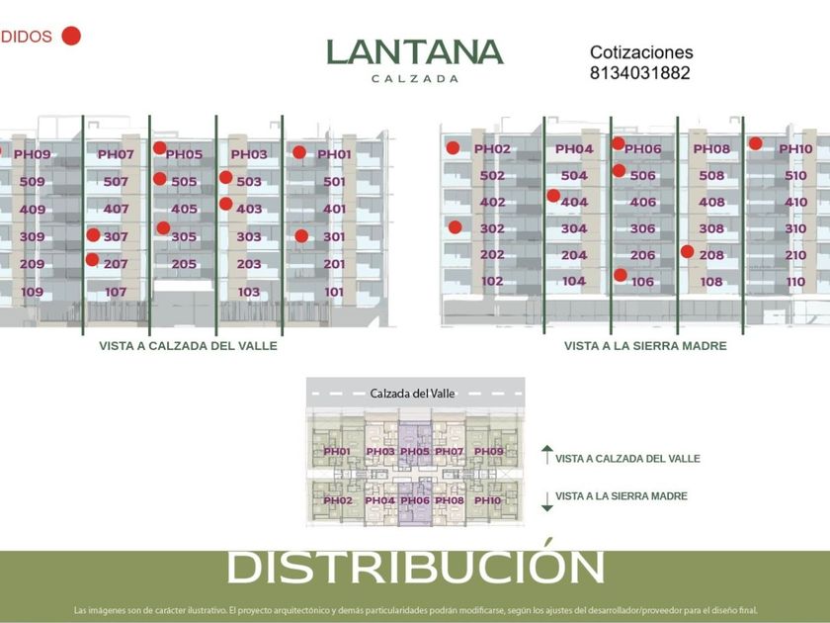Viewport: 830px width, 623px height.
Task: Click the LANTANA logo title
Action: click(x=415, y=52)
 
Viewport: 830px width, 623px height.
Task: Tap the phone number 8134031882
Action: click(x=639, y=73)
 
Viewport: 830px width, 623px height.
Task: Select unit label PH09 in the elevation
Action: click(x=32, y=154)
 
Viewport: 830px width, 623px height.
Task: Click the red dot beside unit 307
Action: click(x=93, y=235)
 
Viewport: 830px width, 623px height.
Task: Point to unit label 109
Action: click(x=32, y=292)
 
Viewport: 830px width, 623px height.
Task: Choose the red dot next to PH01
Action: click(x=299, y=153)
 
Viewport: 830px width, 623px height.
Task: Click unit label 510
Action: click(x=795, y=176)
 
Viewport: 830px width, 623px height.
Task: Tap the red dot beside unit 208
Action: click(x=687, y=251)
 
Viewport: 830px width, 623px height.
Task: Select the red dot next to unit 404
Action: click(x=553, y=196)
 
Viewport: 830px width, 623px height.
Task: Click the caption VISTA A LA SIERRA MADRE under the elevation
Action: click(x=645, y=346)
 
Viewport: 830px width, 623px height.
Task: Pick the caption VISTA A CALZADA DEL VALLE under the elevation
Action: click(x=188, y=346)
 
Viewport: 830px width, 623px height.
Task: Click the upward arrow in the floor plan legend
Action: click(x=546, y=455)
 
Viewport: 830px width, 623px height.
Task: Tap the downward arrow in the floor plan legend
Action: click(x=546, y=500)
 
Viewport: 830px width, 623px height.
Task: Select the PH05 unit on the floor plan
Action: click(x=414, y=452)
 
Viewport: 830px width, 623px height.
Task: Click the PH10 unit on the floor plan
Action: click(x=487, y=500)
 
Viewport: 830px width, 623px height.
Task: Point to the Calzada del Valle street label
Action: click(x=413, y=393)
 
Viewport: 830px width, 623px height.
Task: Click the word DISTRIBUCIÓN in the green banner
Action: click(x=415, y=568)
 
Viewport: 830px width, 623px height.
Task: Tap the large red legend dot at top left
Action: click(x=71, y=37)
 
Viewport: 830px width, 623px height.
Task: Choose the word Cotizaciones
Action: click(x=641, y=52)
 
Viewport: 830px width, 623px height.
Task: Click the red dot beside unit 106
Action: click(x=621, y=276)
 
